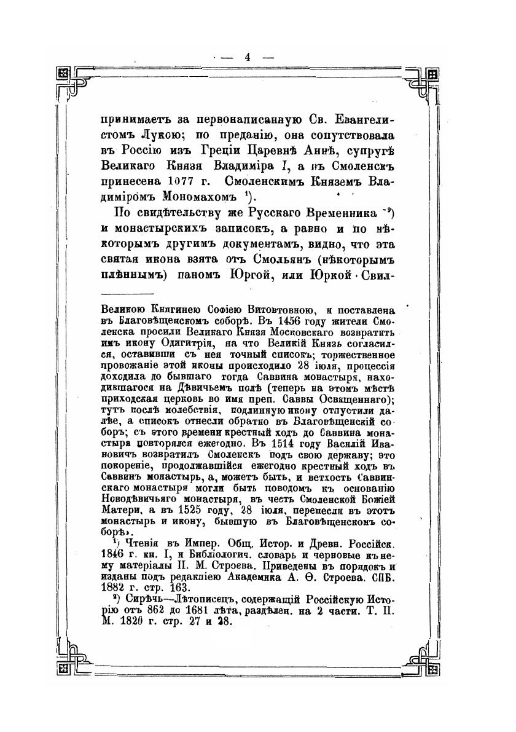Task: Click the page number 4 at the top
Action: tap(248, 57)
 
